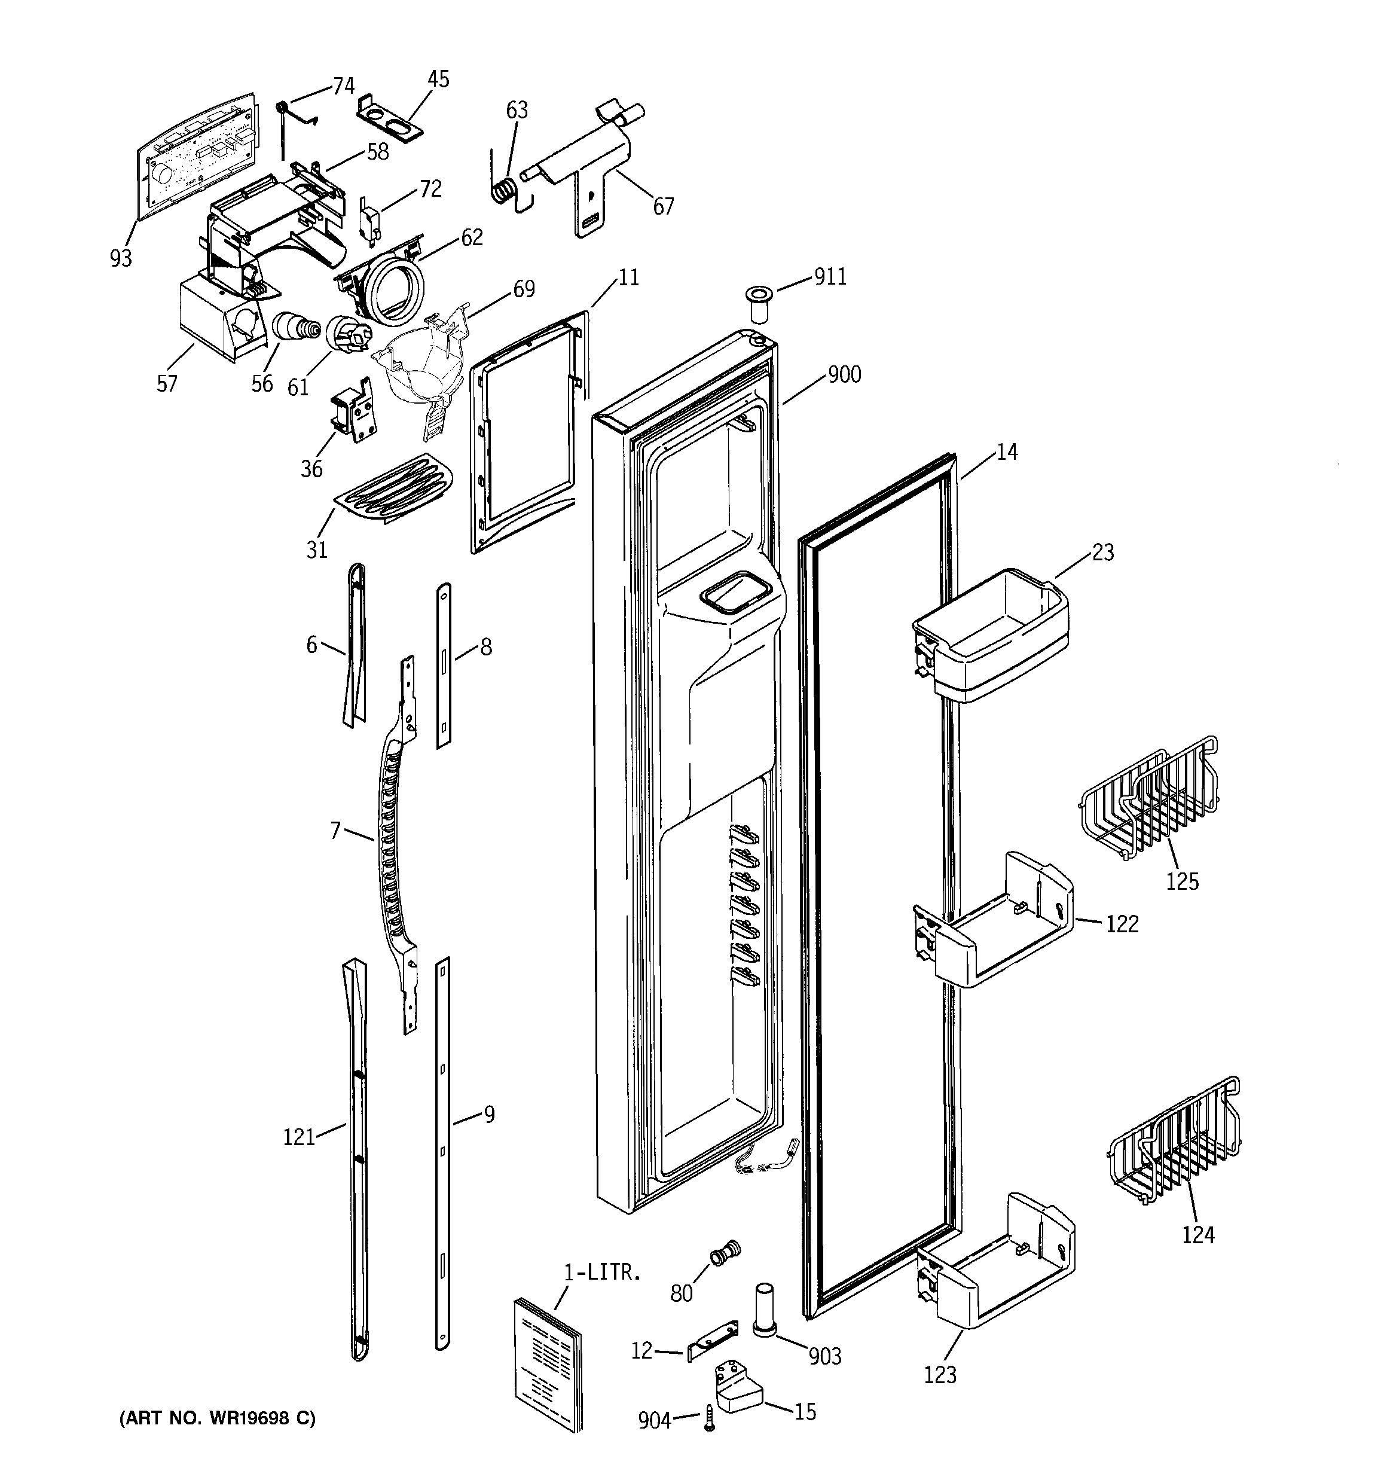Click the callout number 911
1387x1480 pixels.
point(830,277)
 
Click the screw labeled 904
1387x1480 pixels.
point(709,1420)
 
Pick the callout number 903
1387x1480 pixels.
point(824,1356)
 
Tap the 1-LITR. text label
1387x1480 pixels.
point(601,1273)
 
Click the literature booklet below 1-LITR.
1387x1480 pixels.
point(547,1362)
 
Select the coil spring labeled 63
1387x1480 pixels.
point(506,191)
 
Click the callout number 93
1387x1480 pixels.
point(121,258)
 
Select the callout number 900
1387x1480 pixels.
point(844,374)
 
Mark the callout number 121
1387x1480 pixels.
point(298,1137)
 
